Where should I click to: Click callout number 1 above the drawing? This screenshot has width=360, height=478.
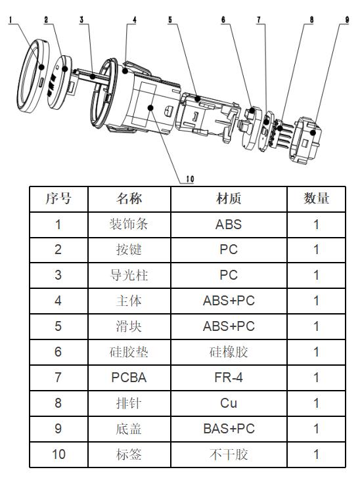click(x=11, y=20)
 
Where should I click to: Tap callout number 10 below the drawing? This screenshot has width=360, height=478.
click(x=190, y=179)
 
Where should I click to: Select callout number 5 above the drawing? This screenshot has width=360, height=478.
click(x=170, y=20)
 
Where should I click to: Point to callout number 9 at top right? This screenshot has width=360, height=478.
click(x=347, y=20)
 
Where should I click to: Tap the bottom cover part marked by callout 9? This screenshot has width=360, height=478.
click(x=305, y=141)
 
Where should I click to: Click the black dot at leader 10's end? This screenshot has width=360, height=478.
click(x=150, y=108)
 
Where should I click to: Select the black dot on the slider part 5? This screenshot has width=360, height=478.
click(x=198, y=98)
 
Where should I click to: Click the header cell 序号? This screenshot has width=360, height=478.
click(x=58, y=199)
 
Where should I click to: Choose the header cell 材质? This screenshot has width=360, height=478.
click(x=229, y=199)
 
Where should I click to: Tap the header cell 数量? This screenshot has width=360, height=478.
click(x=316, y=199)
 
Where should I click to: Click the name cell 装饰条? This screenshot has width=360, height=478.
click(x=129, y=225)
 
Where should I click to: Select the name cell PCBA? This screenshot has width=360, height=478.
click(x=129, y=378)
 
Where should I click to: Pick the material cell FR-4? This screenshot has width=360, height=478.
click(x=229, y=378)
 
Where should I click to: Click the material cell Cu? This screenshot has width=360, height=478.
click(x=229, y=403)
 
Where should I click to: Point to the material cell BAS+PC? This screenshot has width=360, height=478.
click(x=229, y=429)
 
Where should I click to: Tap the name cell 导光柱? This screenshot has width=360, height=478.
click(x=129, y=275)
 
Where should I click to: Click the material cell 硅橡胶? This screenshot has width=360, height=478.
click(x=229, y=352)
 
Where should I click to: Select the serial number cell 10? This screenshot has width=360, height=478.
click(x=58, y=454)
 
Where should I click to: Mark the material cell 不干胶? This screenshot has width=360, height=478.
click(x=229, y=454)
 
